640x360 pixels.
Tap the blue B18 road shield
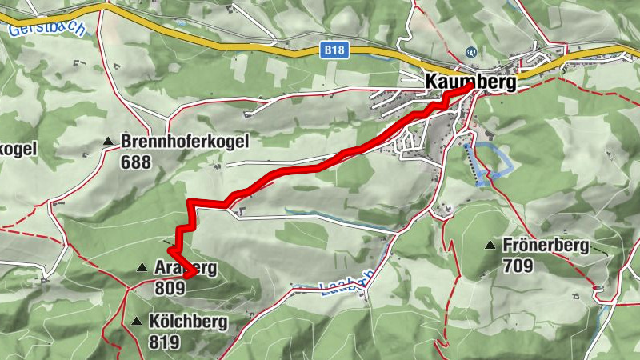[x=335, y=50]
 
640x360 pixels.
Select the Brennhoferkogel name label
[x=186, y=142]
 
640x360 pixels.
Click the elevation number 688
[x=136, y=160]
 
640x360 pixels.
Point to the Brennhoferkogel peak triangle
[x=108, y=142]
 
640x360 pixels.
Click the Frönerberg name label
[x=546, y=246]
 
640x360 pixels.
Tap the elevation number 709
[x=518, y=263]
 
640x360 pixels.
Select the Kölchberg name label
[x=187, y=322]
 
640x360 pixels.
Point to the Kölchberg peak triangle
[x=135, y=322]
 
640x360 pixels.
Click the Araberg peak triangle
[x=142, y=267]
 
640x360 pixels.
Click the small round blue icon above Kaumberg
[x=472, y=53]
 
